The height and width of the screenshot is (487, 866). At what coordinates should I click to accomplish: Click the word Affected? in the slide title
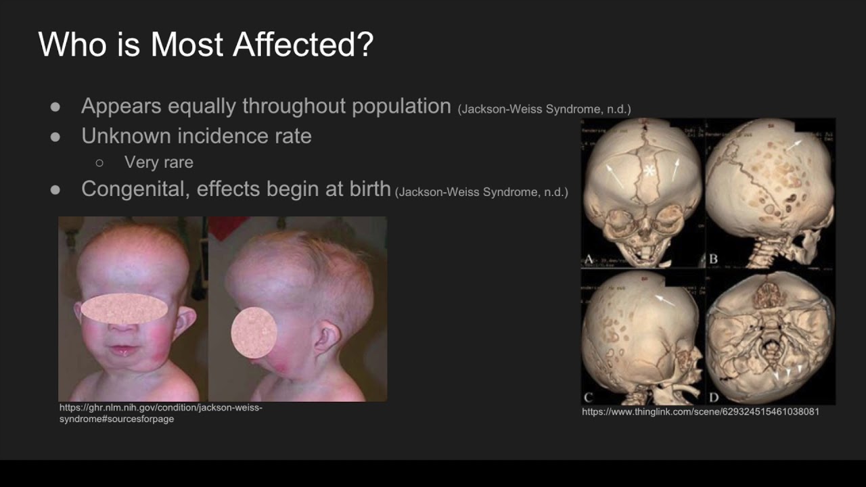click(x=302, y=44)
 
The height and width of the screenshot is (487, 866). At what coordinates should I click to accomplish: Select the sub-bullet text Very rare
click(x=159, y=162)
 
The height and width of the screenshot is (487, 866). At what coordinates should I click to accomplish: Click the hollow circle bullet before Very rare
click(x=99, y=163)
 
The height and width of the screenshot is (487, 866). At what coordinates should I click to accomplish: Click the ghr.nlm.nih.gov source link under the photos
click(x=161, y=413)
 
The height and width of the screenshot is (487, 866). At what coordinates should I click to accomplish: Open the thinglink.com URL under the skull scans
click(x=700, y=411)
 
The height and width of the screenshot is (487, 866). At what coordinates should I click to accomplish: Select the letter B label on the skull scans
click(x=713, y=259)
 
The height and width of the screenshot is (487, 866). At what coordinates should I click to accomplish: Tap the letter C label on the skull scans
click(x=588, y=397)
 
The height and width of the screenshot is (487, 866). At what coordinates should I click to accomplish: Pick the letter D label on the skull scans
click(x=713, y=397)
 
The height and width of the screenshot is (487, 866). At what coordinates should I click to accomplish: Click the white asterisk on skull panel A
click(x=649, y=170)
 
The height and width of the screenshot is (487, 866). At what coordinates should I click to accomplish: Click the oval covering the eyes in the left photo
click(x=124, y=309)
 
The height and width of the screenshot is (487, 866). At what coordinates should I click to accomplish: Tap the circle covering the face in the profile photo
click(x=254, y=333)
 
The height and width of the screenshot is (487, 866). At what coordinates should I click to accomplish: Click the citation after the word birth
click(x=482, y=192)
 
